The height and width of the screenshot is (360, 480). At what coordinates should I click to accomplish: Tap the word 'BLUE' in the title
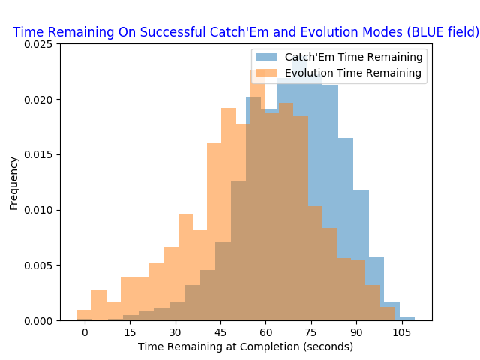(426, 32)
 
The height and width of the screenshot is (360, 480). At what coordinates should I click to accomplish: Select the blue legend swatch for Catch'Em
(266, 57)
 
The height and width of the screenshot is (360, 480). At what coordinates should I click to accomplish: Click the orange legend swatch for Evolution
(266, 73)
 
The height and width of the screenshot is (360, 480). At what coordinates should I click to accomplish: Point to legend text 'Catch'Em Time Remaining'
(353, 57)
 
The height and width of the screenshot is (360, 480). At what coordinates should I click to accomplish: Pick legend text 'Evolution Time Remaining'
(353, 73)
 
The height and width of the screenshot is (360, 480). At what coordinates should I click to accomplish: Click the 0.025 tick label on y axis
(38, 44)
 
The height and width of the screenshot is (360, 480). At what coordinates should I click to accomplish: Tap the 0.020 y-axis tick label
(38, 100)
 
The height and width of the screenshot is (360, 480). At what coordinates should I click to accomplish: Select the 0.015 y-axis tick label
(38, 155)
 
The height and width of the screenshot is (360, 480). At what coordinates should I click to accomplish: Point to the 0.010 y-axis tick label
(38, 210)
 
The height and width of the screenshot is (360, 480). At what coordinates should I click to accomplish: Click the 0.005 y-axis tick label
(38, 265)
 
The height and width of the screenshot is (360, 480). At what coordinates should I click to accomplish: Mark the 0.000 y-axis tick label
(38, 321)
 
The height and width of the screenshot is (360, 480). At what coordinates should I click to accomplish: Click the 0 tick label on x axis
(85, 332)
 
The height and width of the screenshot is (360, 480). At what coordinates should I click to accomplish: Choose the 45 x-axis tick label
(220, 332)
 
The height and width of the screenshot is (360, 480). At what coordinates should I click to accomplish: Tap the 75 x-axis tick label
(311, 332)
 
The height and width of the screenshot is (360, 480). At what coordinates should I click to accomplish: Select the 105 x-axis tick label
(402, 332)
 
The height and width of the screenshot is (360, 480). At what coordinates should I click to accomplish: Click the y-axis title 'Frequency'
(13, 184)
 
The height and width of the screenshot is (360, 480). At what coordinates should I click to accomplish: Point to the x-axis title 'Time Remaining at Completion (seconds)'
(245, 346)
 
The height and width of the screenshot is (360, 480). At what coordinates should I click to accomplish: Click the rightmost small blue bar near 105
(406, 319)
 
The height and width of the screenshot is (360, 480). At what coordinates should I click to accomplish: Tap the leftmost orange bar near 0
(85, 315)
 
